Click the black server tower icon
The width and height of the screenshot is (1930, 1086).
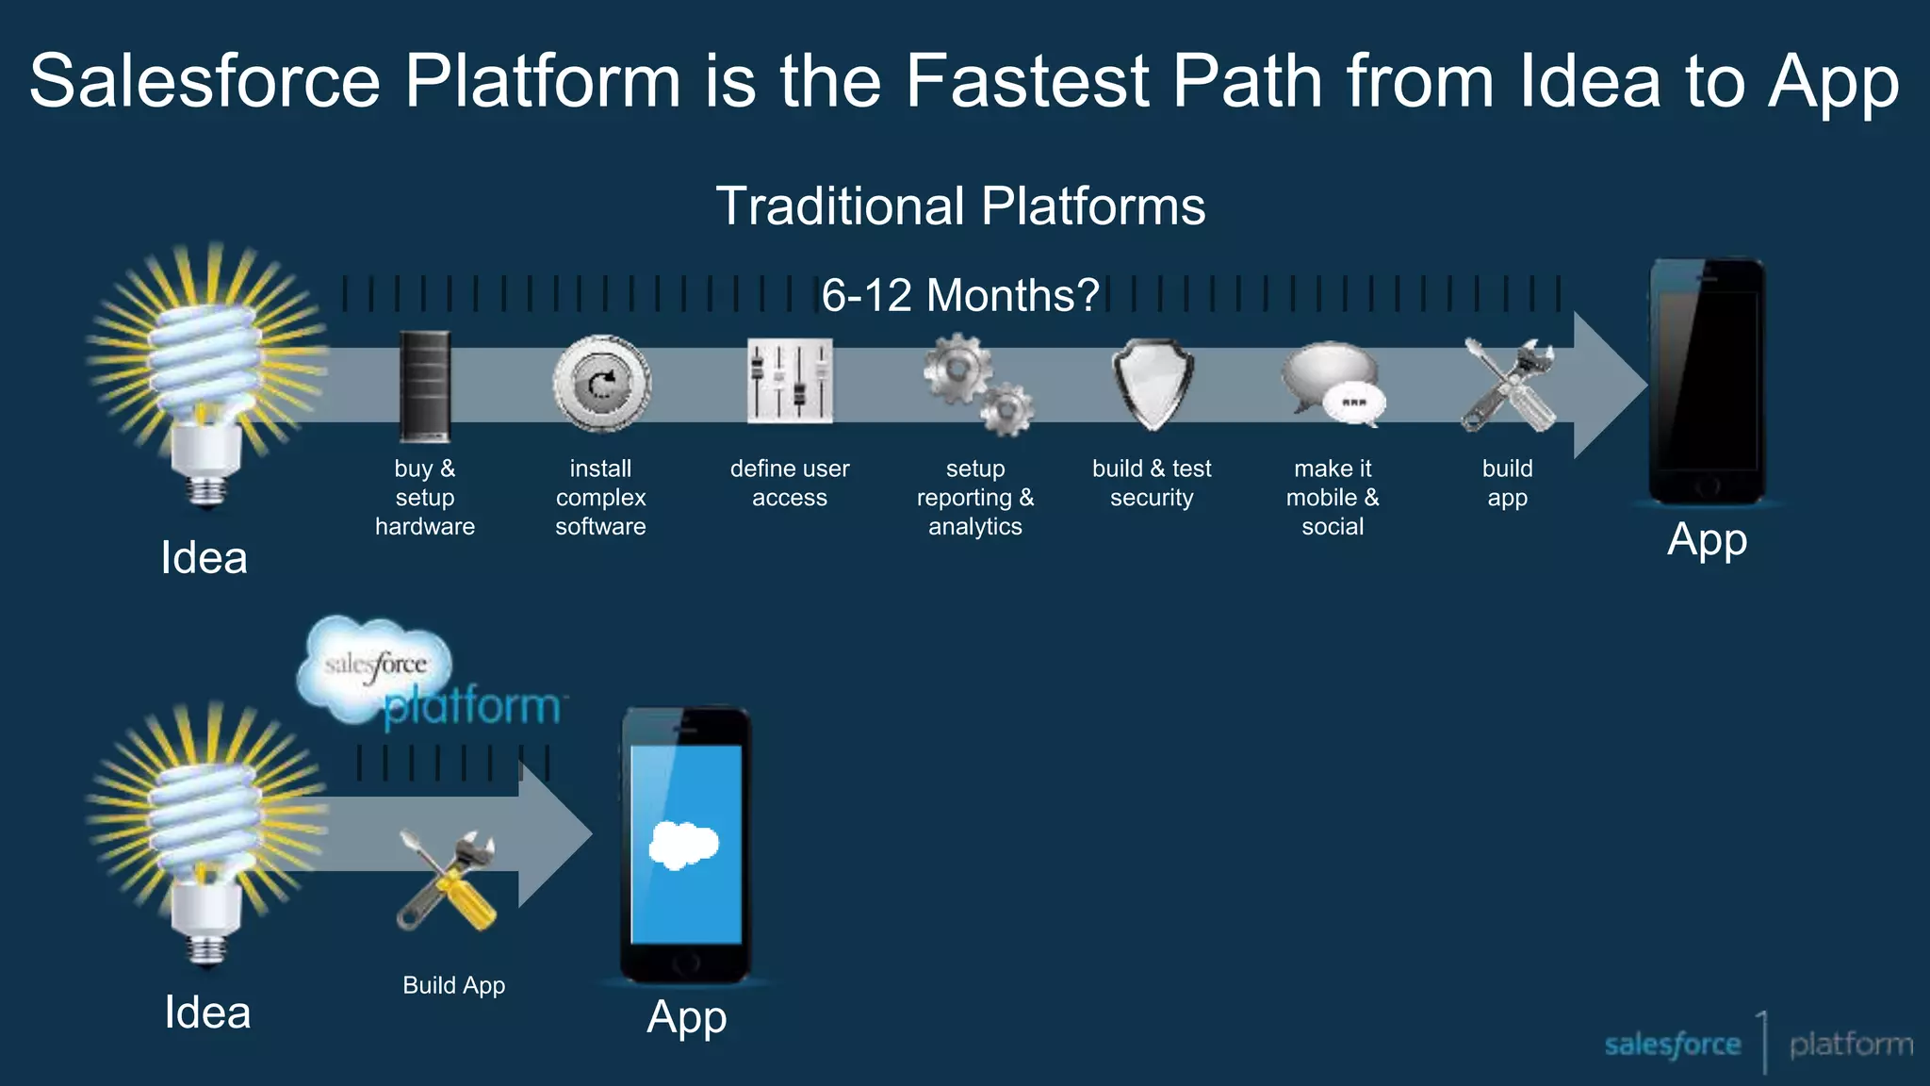click(x=424, y=386)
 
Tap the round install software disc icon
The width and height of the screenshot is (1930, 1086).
click(x=601, y=385)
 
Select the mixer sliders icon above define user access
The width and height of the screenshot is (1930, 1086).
click(x=790, y=382)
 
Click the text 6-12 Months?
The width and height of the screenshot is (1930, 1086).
click(x=959, y=295)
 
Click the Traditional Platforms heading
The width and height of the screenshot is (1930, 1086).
click(x=960, y=206)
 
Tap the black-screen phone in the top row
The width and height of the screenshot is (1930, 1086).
click(x=1707, y=382)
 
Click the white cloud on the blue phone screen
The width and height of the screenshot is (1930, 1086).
click(x=684, y=845)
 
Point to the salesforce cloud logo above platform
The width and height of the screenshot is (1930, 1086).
click(x=375, y=666)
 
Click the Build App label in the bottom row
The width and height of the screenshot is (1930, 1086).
click(x=453, y=985)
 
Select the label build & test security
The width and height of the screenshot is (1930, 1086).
click(x=1152, y=483)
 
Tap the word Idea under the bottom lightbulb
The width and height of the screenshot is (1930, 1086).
click(x=207, y=1013)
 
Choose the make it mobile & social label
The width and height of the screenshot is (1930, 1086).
click(x=1333, y=497)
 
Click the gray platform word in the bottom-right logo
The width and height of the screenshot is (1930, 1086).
click(x=1851, y=1045)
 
